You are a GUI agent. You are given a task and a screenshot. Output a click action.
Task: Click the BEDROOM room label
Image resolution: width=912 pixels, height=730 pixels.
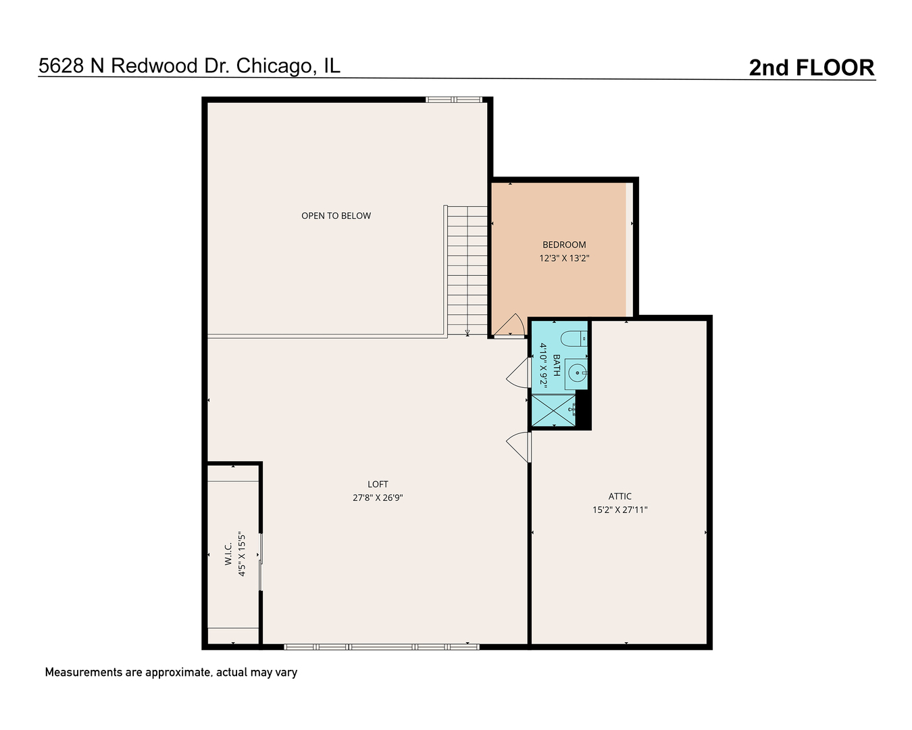click(564, 245)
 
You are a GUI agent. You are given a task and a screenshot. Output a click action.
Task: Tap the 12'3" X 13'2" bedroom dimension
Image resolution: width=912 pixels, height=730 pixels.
click(564, 258)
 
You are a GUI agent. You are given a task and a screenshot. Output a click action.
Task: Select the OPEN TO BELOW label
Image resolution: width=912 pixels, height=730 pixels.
click(336, 216)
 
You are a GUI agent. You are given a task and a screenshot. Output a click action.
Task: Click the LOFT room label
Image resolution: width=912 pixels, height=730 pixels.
click(378, 484)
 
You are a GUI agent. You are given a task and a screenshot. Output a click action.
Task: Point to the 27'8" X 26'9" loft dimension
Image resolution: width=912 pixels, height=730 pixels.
click(378, 497)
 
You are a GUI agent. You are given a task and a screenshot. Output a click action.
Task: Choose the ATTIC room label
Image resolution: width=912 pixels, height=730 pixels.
click(619, 496)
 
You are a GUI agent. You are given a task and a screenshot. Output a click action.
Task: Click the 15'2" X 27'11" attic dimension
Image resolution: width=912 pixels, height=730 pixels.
click(619, 510)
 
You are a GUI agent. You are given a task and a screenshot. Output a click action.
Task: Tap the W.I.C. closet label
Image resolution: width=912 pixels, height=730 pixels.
click(228, 554)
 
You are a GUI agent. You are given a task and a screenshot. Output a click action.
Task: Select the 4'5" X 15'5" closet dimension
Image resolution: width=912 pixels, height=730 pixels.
click(241, 554)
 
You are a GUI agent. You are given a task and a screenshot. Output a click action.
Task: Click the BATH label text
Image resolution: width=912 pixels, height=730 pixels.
click(556, 365)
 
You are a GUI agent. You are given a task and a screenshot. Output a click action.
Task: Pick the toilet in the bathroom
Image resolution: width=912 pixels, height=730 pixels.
click(575, 338)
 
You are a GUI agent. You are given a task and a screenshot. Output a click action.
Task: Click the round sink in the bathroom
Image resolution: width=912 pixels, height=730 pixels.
click(576, 372)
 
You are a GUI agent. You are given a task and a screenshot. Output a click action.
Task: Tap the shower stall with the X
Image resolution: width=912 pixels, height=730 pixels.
click(553, 410)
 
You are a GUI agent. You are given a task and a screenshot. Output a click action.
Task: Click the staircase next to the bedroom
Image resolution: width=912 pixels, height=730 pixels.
click(467, 270)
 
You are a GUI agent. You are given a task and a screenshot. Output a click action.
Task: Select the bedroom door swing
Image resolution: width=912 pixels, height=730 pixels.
click(510, 326)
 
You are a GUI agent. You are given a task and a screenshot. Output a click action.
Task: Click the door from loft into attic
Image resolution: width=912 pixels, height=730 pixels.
click(519, 447)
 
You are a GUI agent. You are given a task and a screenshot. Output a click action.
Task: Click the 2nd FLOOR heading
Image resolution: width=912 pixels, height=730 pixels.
click(811, 68)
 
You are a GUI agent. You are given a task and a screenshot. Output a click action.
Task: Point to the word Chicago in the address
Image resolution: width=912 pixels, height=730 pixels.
click(276, 66)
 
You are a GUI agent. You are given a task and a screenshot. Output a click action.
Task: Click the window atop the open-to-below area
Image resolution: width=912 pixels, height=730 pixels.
click(453, 100)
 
